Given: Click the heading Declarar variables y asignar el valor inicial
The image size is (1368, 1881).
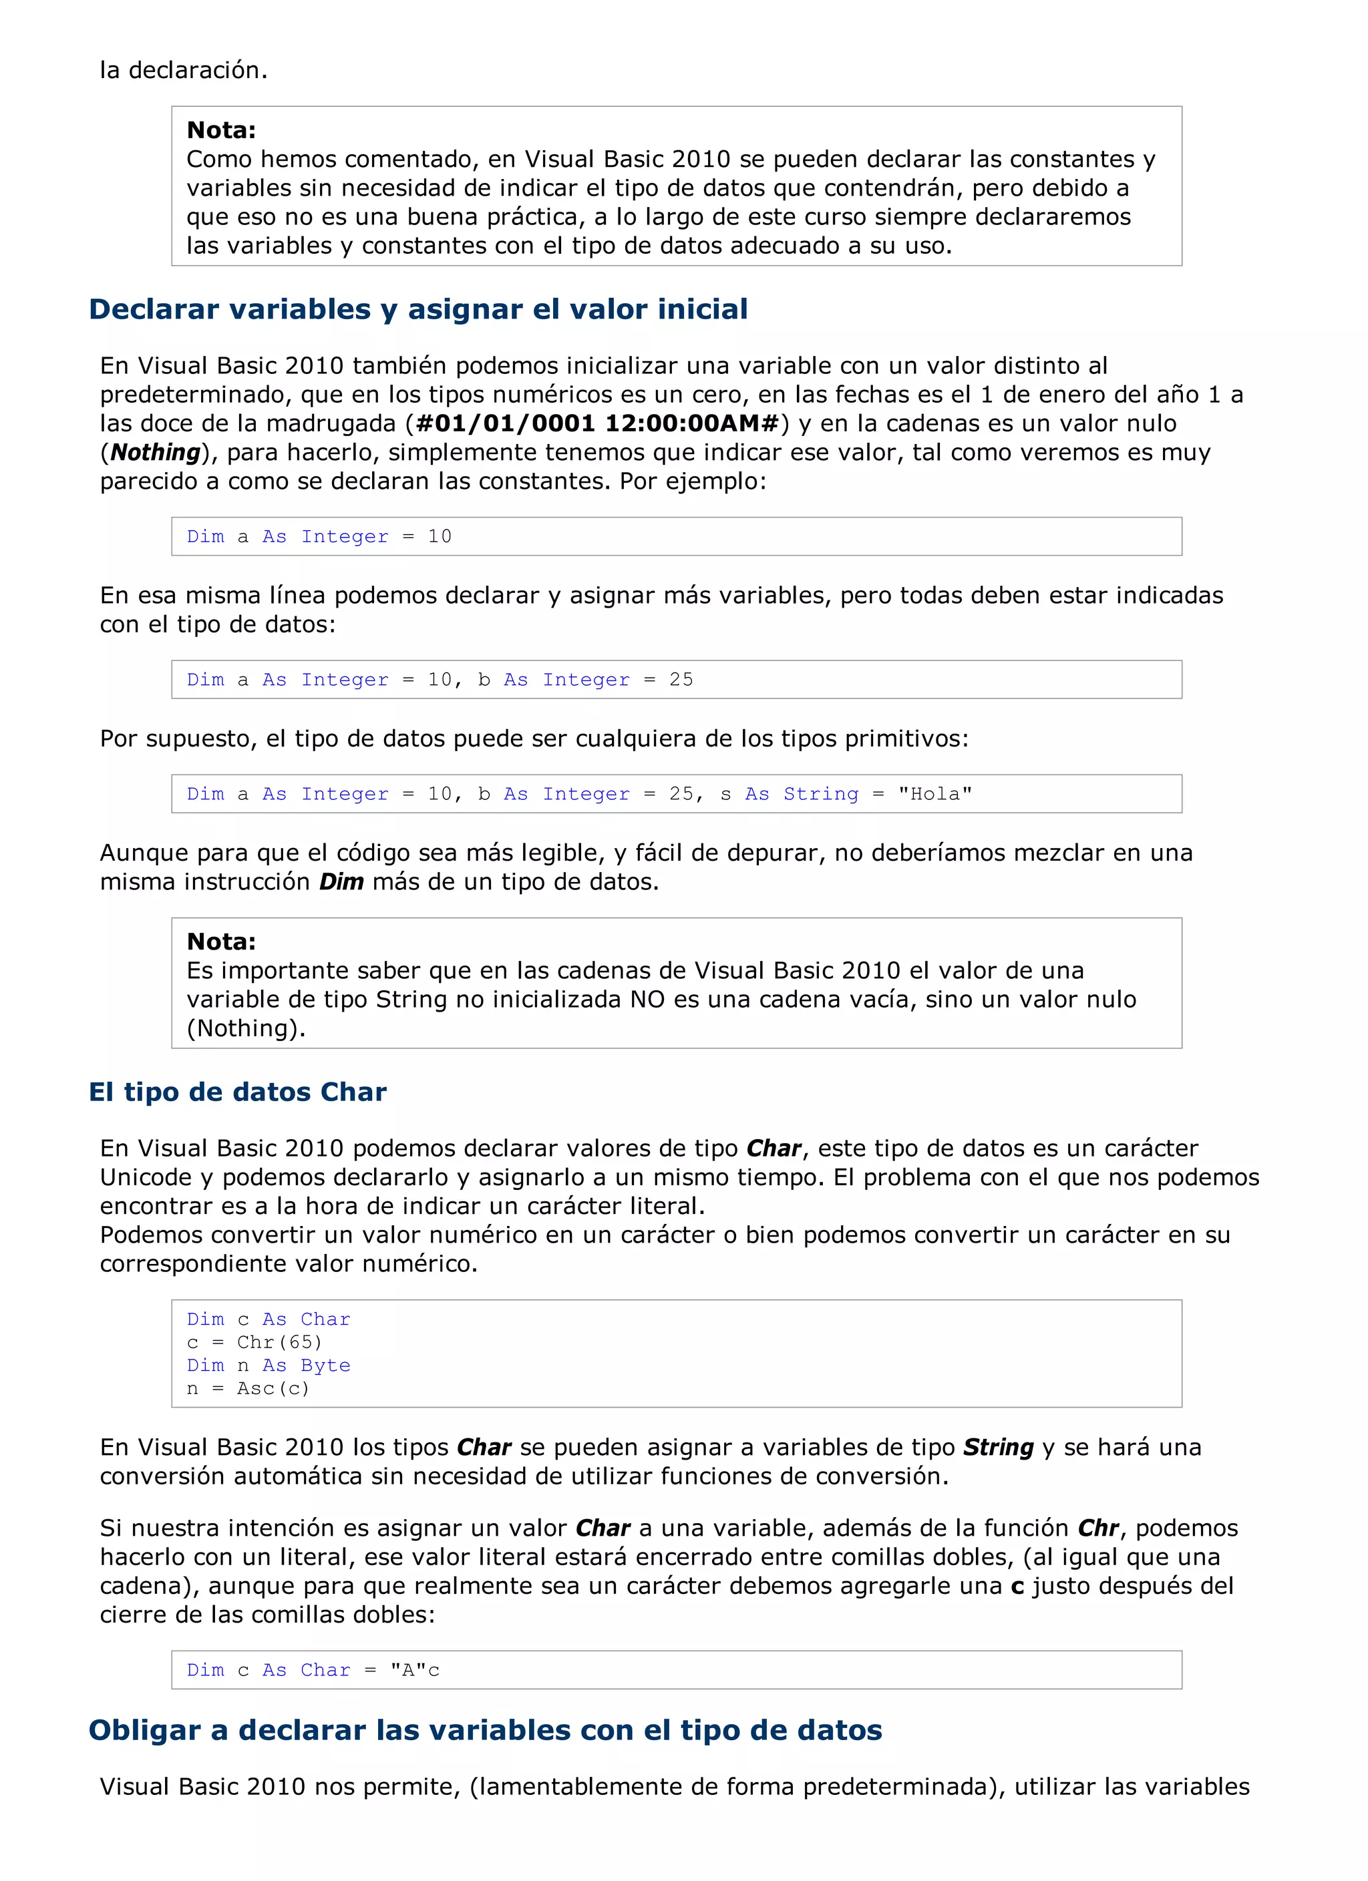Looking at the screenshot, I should [x=418, y=309].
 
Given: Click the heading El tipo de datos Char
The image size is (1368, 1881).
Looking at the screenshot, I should [x=237, y=1092].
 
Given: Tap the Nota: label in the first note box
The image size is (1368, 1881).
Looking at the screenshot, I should [x=220, y=130].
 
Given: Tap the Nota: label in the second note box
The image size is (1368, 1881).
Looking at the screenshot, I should [x=220, y=942].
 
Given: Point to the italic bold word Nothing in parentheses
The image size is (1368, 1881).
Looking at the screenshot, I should [x=156, y=452].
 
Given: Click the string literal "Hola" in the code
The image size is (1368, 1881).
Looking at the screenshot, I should [x=935, y=794].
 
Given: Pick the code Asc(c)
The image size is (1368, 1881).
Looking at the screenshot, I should [x=273, y=1388].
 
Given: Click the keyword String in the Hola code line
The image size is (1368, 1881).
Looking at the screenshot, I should [x=820, y=794].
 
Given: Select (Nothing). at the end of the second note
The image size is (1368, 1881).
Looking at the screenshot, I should [x=246, y=1028].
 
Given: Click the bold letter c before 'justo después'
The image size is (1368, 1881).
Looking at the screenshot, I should [x=1018, y=1586].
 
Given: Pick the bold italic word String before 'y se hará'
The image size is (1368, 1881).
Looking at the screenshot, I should [x=998, y=1447].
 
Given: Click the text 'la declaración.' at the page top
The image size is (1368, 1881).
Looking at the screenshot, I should [x=183, y=71].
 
